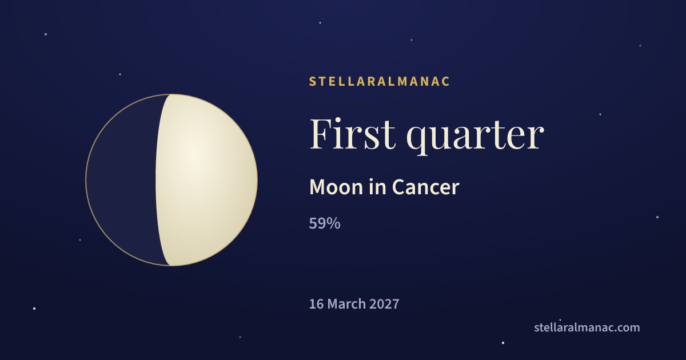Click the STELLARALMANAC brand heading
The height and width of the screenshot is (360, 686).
[379, 81]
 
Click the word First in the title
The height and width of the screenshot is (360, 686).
[352, 134]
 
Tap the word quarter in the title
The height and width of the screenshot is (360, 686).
[475, 137]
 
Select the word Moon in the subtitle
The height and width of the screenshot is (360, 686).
[336, 187]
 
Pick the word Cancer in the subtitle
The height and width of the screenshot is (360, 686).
[426, 187]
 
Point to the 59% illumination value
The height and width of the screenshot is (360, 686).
[325, 223]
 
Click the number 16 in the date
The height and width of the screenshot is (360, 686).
[316, 304]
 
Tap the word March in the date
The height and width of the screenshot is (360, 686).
[346, 304]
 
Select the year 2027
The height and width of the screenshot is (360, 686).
[384, 304]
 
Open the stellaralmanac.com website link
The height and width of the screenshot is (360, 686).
[587, 327]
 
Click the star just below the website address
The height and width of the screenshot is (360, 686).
[503, 343]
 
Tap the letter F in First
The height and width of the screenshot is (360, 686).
[321, 134]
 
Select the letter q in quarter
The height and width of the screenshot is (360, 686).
[417, 141]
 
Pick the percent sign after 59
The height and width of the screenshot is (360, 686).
[333, 223]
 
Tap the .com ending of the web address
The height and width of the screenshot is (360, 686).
[627, 328]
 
